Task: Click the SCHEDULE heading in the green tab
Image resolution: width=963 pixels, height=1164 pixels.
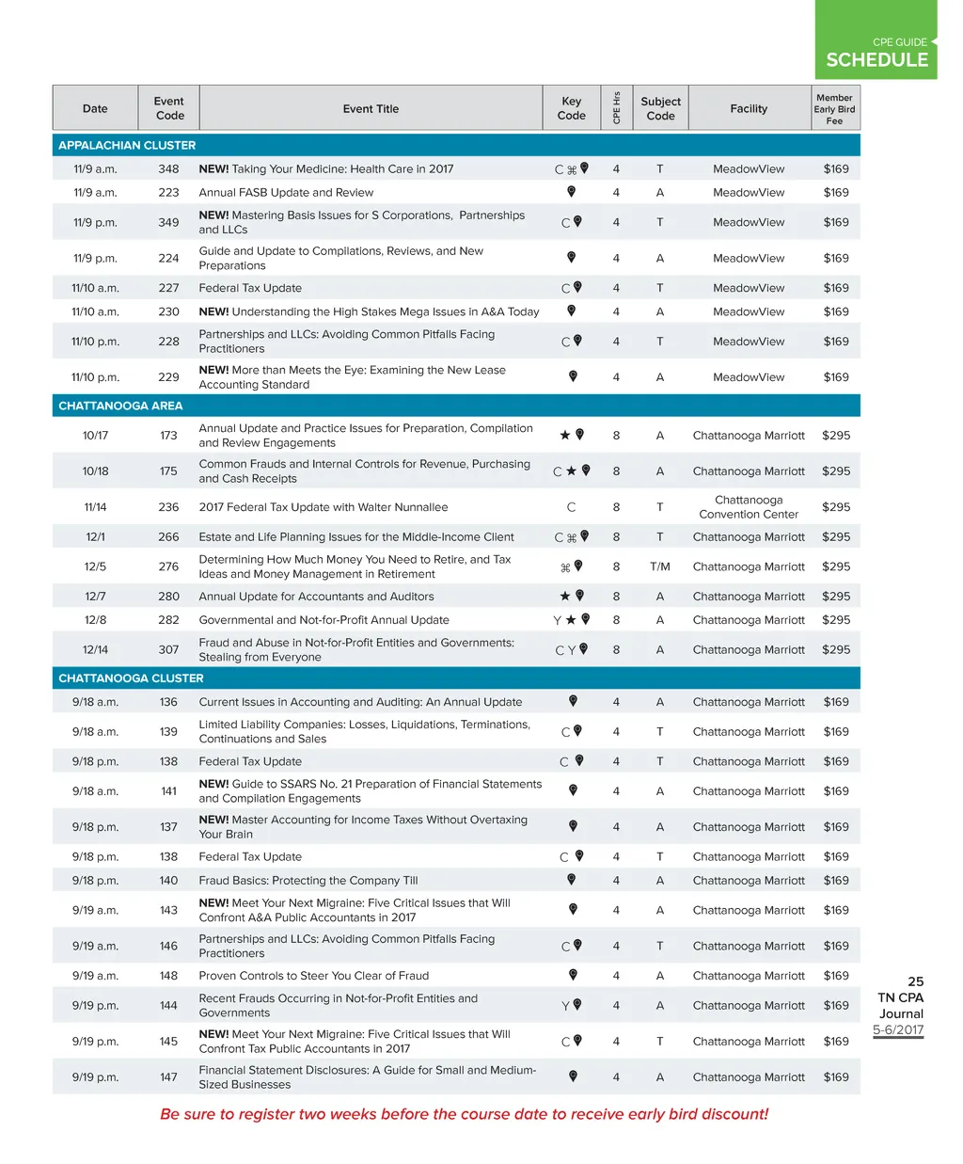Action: pyautogui.click(x=876, y=59)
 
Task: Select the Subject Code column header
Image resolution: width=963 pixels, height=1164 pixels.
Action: pyautogui.click(x=660, y=108)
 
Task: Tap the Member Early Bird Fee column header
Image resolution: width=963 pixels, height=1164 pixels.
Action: pyautogui.click(x=834, y=109)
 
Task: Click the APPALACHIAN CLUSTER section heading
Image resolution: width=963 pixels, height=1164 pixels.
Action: pyautogui.click(x=127, y=145)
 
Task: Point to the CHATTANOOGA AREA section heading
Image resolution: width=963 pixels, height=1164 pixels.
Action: pyautogui.click(x=120, y=406)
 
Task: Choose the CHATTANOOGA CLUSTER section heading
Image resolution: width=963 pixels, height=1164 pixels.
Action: pyautogui.click(x=131, y=678)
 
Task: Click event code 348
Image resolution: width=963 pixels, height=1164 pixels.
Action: pyautogui.click(x=168, y=169)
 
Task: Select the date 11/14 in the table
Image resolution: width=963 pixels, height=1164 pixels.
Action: pyautogui.click(x=95, y=507)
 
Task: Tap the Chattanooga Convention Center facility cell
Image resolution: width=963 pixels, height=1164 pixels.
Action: pyautogui.click(x=749, y=507)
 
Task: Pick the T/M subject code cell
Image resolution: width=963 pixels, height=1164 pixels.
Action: pyautogui.click(x=659, y=566)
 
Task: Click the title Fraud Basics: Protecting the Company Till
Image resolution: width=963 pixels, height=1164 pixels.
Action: pyautogui.click(x=308, y=881)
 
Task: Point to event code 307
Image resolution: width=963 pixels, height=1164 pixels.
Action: pyautogui.click(x=168, y=649)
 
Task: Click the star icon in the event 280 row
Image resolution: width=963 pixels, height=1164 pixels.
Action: pyautogui.click(x=565, y=596)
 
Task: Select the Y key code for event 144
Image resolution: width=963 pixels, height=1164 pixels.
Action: pyautogui.click(x=565, y=1006)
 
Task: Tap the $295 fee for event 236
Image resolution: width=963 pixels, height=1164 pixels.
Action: pyautogui.click(x=835, y=507)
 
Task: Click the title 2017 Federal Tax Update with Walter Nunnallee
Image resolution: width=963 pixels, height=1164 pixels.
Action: pyautogui.click(x=324, y=507)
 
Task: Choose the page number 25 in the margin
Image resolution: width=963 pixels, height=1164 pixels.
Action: pyautogui.click(x=915, y=981)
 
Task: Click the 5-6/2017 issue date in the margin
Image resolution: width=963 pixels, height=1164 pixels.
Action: pyautogui.click(x=898, y=1029)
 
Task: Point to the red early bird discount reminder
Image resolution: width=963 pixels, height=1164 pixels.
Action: pyautogui.click(x=464, y=1114)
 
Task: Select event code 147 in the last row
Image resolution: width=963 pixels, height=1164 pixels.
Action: pyautogui.click(x=168, y=1077)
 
